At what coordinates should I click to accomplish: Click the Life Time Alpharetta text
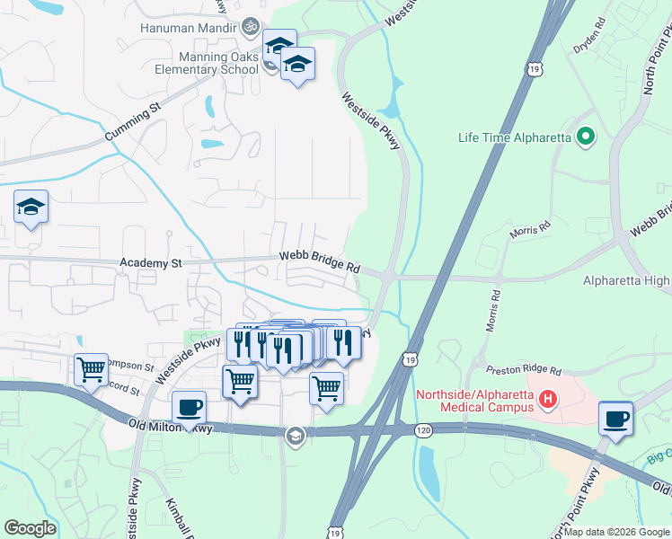click(515, 137)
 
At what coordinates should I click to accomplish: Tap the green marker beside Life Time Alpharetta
click(586, 137)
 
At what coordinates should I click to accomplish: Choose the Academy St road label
click(151, 263)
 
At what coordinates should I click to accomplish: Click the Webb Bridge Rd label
click(319, 263)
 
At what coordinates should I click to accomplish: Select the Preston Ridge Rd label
click(523, 369)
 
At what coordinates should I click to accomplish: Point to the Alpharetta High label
click(626, 281)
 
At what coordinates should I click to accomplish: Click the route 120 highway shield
click(421, 432)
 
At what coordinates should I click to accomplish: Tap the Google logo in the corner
click(29, 527)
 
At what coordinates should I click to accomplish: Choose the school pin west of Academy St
click(31, 208)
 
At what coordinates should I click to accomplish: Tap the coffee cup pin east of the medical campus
click(615, 419)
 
